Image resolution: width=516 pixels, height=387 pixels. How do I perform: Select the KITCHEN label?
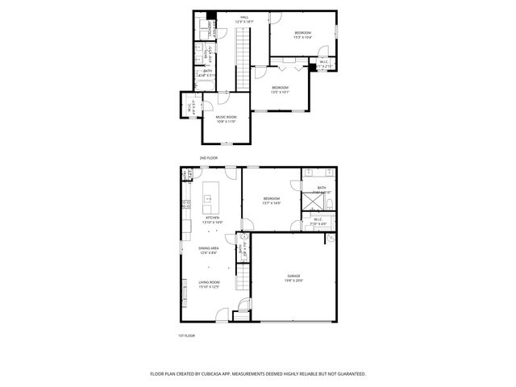pyautogui.click(x=212, y=218)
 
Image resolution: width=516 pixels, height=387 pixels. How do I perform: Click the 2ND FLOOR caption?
pyautogui.click(x=209, y=158)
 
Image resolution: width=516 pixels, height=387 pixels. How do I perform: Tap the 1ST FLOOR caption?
pyautogui.click(x=186, y=335)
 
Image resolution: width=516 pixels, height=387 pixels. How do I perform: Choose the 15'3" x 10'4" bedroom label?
pyautogui.click(x=302, y=35)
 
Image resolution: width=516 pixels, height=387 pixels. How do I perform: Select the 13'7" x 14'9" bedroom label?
pyautogui.click(x=271, y=201)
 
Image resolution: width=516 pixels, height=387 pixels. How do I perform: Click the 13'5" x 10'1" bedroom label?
pyautogui.click(x=280, y=89)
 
